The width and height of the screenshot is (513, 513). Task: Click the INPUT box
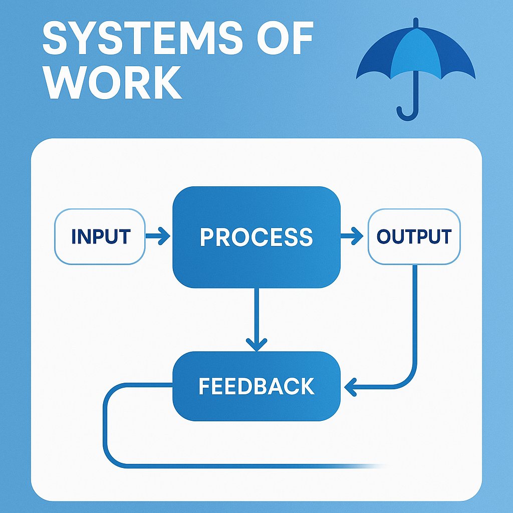pos(100,236)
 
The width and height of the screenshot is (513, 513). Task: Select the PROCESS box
pos(256,237)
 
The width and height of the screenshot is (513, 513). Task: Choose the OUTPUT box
pos(414,236)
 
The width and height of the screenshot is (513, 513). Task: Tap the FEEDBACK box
pos(256,386)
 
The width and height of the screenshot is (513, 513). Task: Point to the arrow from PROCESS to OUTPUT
pos(352,236)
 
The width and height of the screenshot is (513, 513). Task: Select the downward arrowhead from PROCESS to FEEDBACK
pos(256,345)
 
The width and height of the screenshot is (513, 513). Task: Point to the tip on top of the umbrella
pos(415,23)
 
